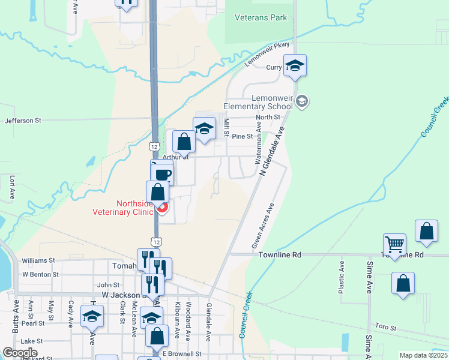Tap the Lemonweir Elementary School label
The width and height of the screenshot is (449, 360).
pos(258,102)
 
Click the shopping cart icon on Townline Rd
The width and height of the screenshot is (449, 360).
pos(395,244)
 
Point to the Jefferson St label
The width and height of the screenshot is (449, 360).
pos(23,121)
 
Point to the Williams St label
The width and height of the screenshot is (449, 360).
pos(38,261)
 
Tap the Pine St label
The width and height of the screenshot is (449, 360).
pos(243,136)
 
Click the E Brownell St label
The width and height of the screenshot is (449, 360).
pos(181,354)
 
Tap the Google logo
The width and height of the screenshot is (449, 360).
pos(20,353)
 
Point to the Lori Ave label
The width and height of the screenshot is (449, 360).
pos(12,187)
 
